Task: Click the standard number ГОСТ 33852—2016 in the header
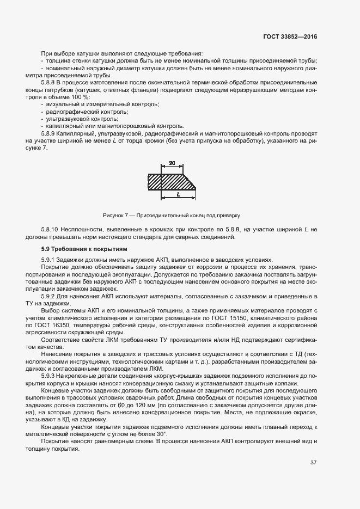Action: point(289,36)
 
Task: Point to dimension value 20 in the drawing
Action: point(172,163)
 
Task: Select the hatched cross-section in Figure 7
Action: point(172,181)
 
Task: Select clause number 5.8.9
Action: point(50,133)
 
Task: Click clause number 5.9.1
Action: point(50,260)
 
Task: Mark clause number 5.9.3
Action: point(50,376)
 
